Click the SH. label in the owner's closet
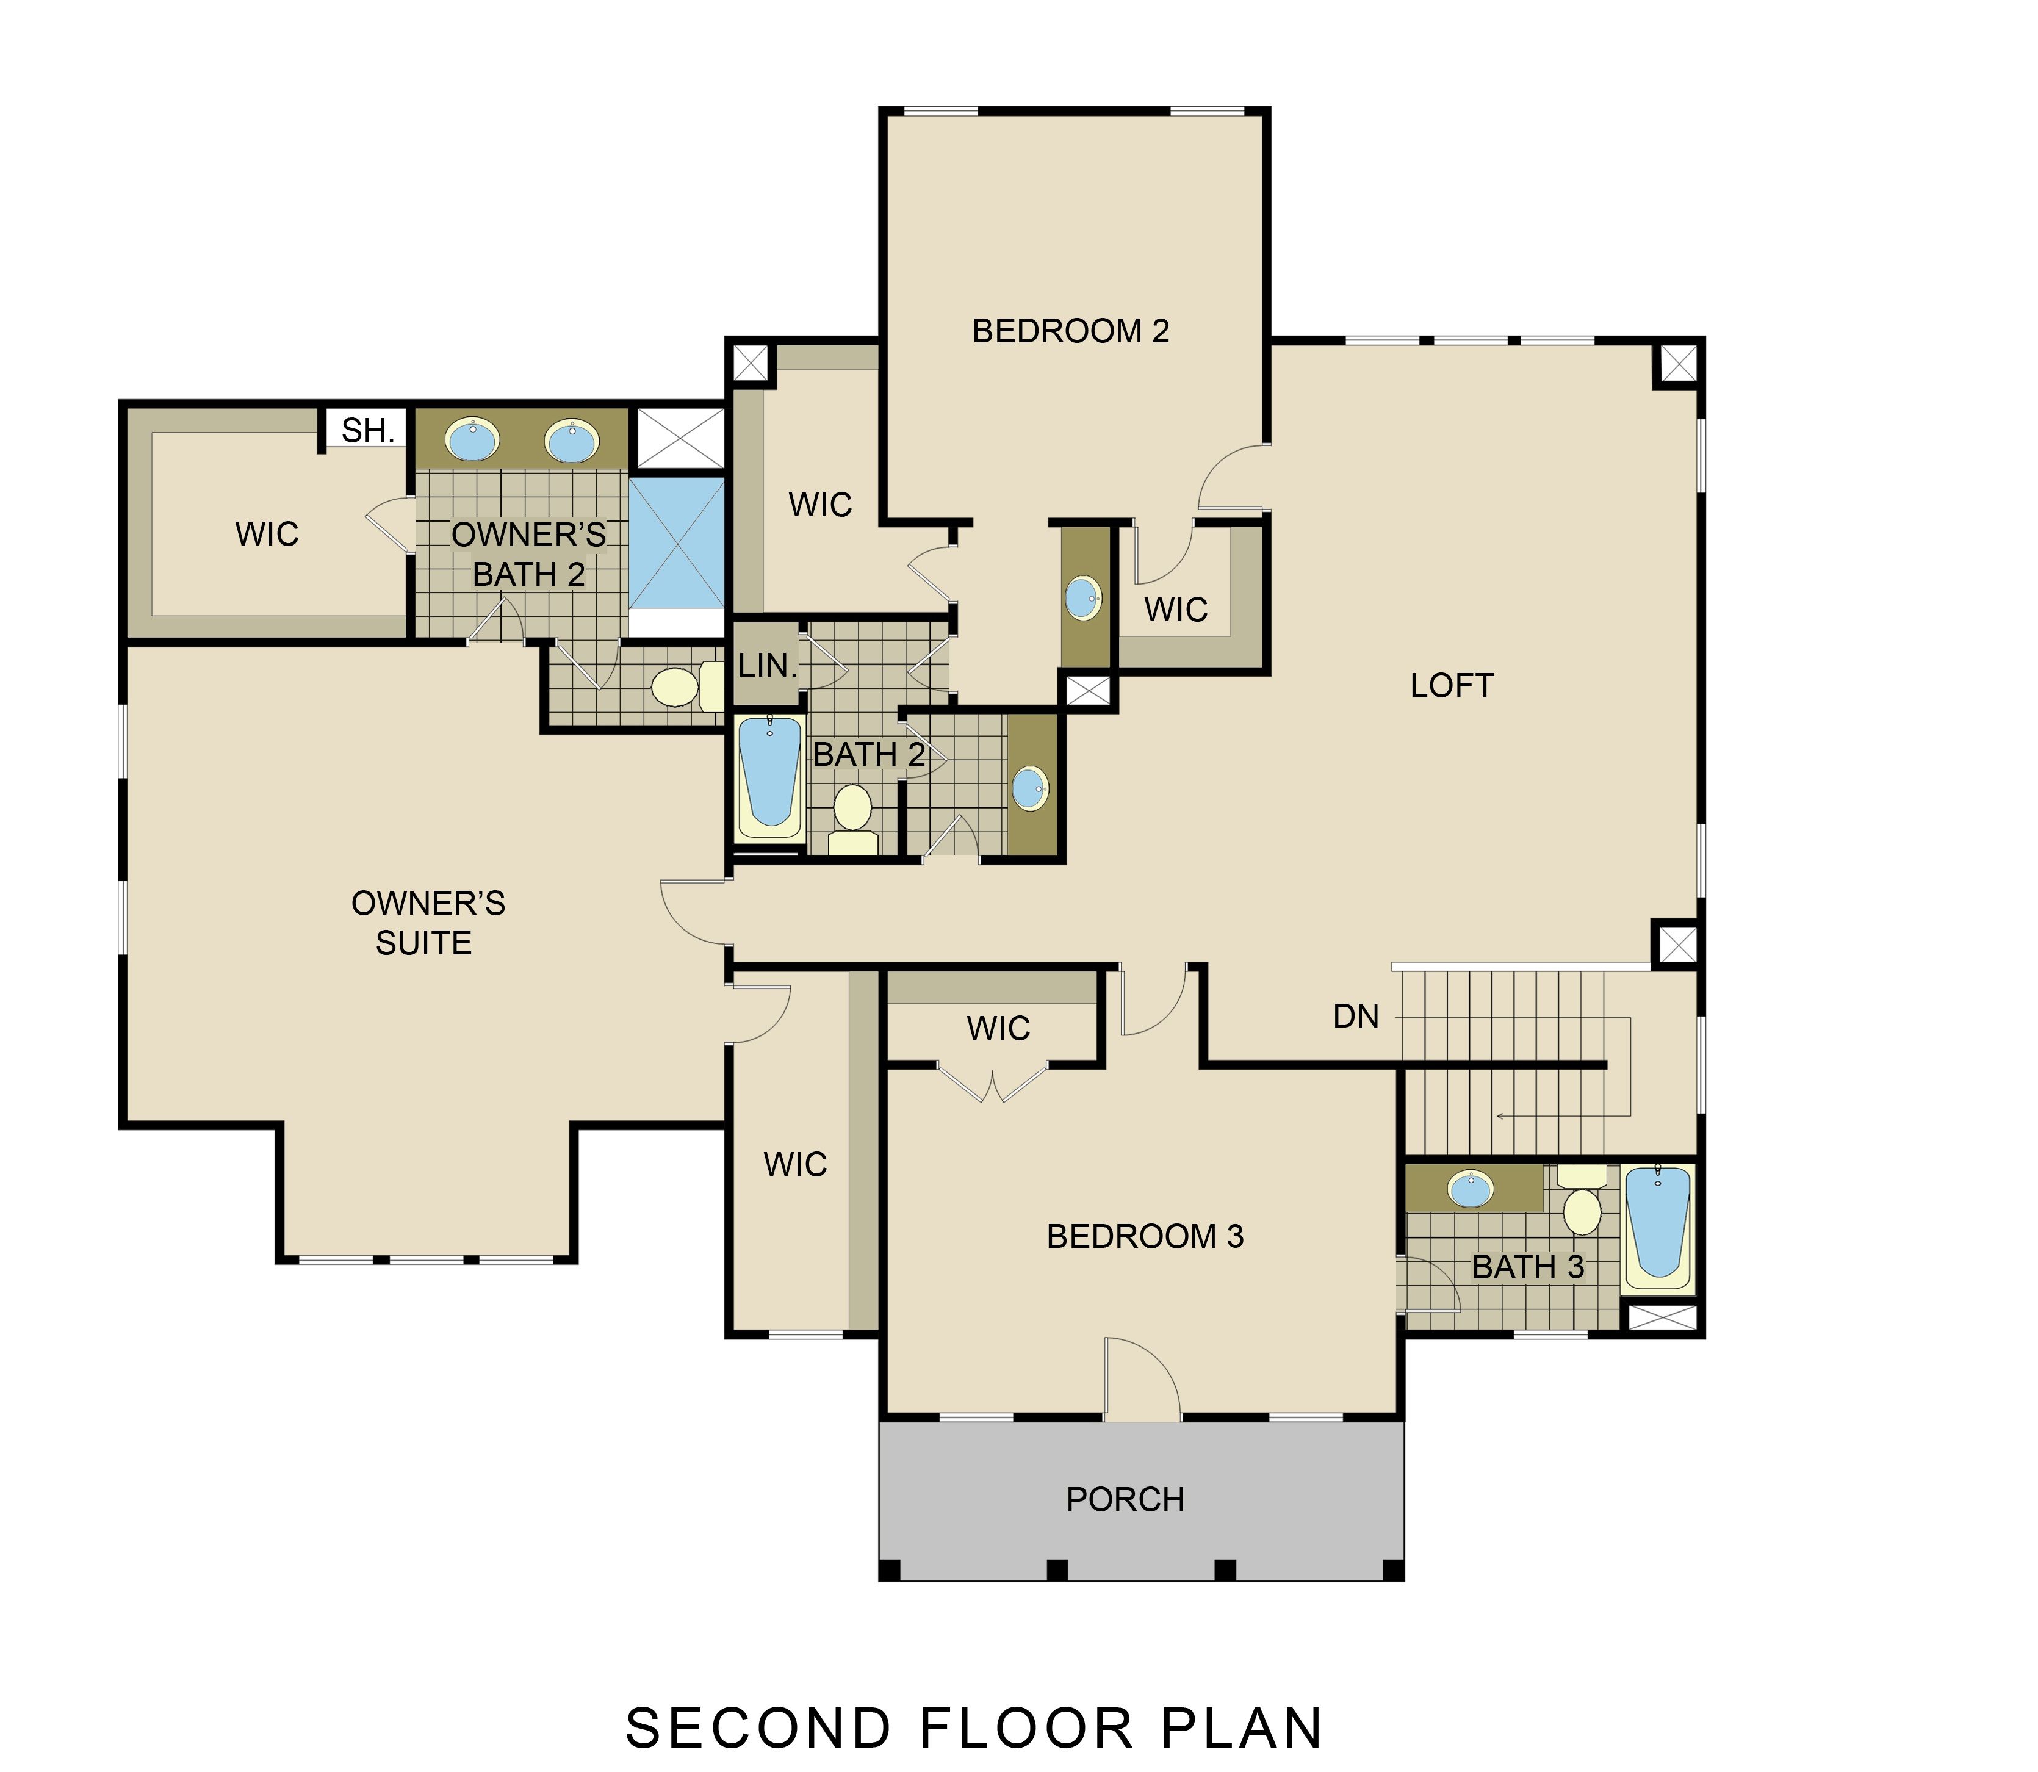click(368, 430)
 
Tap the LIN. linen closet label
click(768, 666)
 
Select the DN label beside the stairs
click(1356, 1017)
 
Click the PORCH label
click(1125, 1499)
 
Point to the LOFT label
click(1452, 685)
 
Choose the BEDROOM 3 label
click(1145, 1236)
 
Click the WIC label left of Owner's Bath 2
click(267, 534)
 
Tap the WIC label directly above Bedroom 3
click(999, 1028)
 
